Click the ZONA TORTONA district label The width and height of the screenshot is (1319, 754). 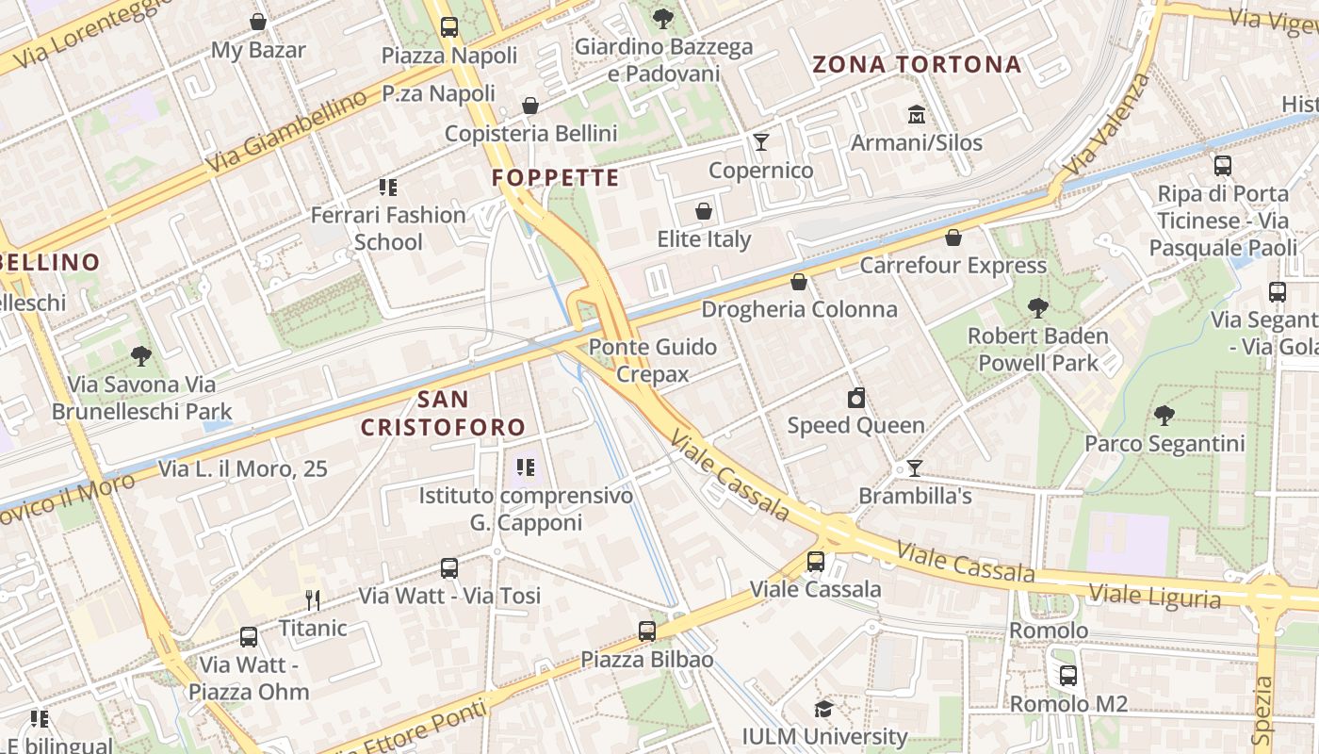(917, 64)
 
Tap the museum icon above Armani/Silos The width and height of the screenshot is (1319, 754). (916, 115)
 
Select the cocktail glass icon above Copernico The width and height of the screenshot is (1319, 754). (761, 142)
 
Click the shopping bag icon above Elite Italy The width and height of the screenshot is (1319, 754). (704, 211)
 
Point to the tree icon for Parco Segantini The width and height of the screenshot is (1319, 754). (1164, 415)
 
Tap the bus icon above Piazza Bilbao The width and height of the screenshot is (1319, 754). (646, 631)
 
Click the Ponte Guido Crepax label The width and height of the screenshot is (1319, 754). (653, 360)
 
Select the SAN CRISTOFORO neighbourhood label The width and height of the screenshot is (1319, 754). (443, 413)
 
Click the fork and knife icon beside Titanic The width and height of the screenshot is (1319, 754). (313, 599)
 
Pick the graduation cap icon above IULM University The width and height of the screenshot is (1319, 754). (824, 709)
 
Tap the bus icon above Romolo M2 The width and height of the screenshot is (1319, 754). (1067, 676)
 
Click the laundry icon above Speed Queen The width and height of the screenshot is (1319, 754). (855, 398)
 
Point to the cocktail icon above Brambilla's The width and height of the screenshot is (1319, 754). (914, 468)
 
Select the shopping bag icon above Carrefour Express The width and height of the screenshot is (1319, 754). (953, 238)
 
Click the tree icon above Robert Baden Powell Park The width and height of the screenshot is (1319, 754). (1037, 308)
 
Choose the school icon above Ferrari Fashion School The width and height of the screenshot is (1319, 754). (387, 188)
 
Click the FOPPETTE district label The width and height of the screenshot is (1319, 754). (556, 178)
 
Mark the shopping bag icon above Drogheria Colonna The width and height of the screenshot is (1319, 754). (799, 282)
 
